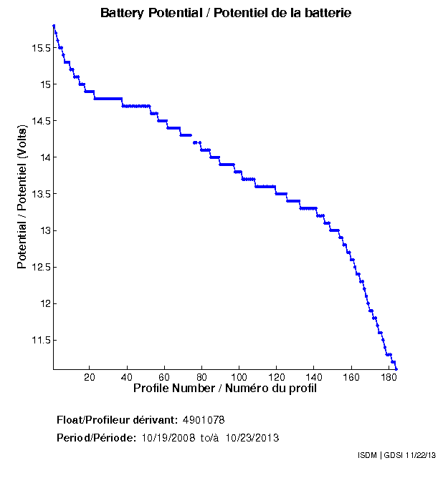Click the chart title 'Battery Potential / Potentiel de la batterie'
[226, 13]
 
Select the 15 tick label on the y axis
[44, 84]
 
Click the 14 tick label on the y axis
[44, 157]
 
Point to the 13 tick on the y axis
[44, 230]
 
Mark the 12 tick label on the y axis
[44, 303]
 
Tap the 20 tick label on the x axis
[90, 377]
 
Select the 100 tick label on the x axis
[239, 377]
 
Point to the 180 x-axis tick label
[389, 377]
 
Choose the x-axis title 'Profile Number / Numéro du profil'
[225, 389]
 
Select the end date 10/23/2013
[252, 438]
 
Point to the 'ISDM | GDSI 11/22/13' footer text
[396, 455]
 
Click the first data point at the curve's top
[54, 26]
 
